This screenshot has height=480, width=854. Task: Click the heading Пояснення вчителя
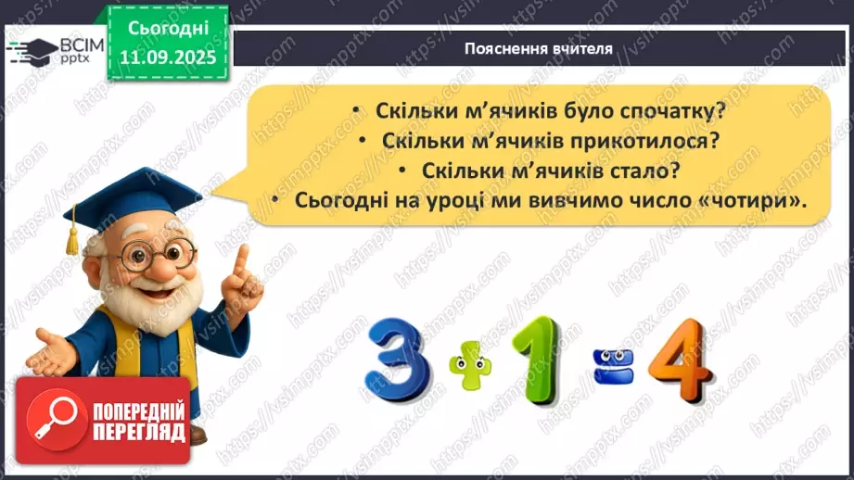click(539, 49)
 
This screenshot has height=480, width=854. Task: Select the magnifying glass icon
click(52, 420)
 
